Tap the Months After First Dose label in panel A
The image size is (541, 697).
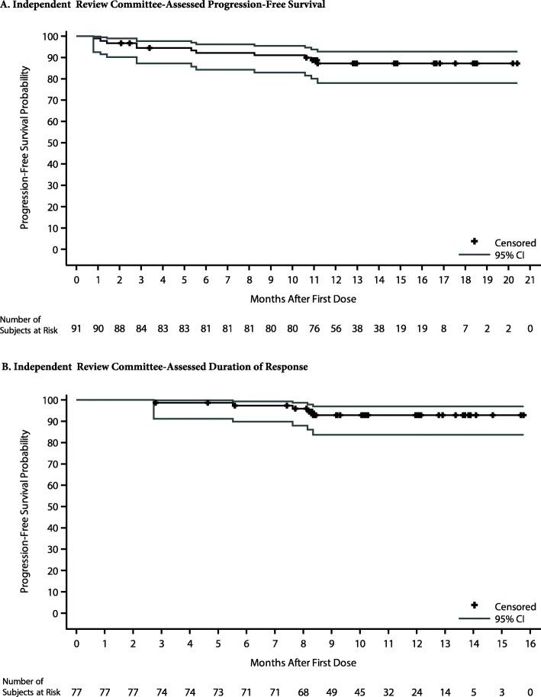303,297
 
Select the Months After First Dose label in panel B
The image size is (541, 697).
303,661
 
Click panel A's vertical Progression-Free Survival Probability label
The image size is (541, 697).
26,143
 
